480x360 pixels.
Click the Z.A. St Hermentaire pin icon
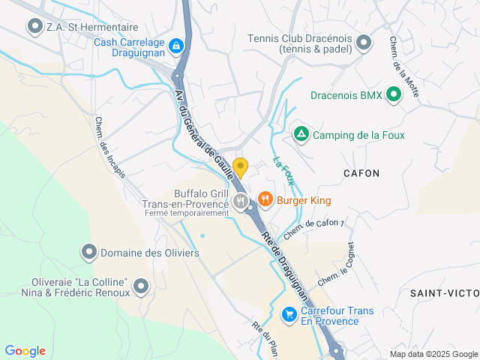[x=34, y=27]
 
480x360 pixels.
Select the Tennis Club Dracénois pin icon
[x=364, y=42]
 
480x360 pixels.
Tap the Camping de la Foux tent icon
[x=301, y=135]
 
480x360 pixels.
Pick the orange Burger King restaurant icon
[x=265, y=199]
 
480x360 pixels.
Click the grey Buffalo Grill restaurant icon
[x=241, y=200]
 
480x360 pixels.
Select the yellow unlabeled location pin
[x=240, y=166]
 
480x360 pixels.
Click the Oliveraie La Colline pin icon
[x=140, y=285]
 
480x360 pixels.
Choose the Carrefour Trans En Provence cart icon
[x=289, y=314]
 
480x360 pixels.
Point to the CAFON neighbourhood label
[x=361, y=173]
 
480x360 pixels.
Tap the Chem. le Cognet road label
[x=336, y=264]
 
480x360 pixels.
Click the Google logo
[x=25, y=351]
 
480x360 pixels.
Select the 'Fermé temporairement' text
[x=186, y=213]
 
